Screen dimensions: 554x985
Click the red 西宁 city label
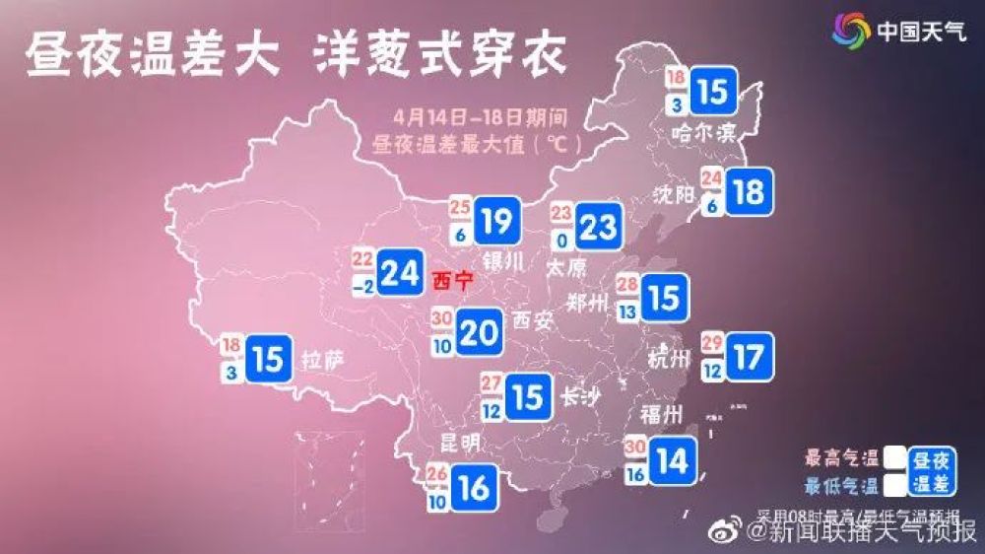(x=452, y=280)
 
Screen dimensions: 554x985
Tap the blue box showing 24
(x=400, y=272)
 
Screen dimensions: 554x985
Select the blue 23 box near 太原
(x=598, y=227)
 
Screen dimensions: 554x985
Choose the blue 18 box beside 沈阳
(x=749, y=190)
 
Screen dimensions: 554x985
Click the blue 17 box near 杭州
(x=749, y=355)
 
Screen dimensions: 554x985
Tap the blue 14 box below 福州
(x=674, y=460)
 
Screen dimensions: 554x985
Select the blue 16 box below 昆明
(x=474, y=486)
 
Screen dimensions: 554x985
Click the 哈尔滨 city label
(x=703, y=133)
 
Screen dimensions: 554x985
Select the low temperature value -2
(x=361, y=287)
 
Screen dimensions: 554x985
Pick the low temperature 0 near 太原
(x=560, y=239)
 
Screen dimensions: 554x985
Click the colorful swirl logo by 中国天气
(x=851, y=30)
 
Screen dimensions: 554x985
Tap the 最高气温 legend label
(x=842, y=458)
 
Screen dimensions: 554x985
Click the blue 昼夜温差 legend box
(x=931, y=471)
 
